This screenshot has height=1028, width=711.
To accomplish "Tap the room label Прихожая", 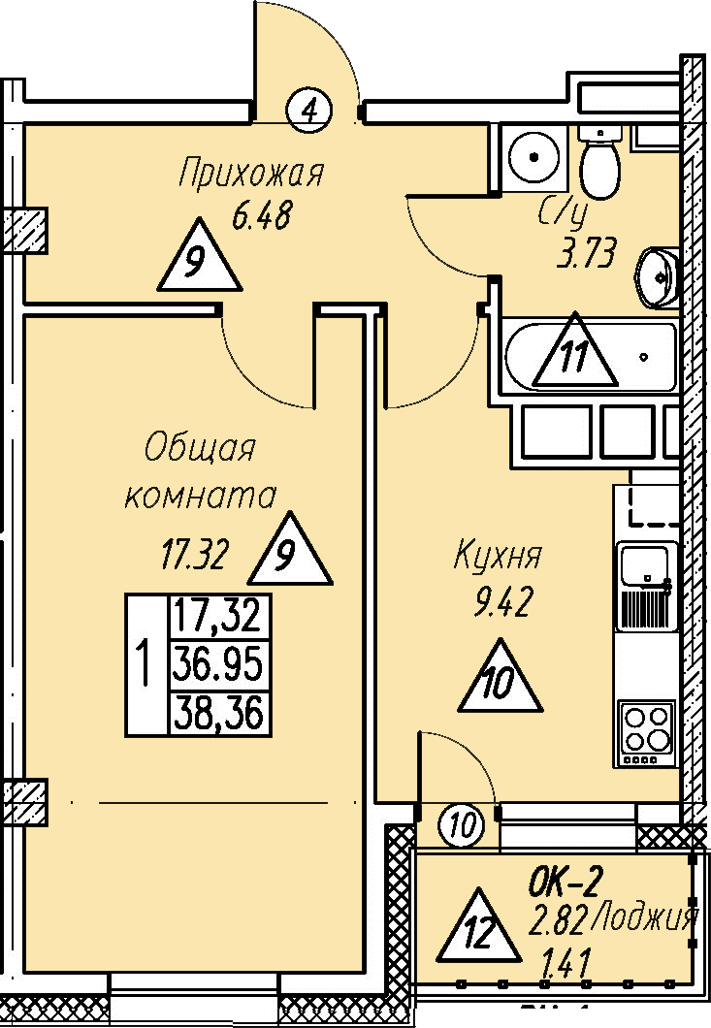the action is tap(250, 175).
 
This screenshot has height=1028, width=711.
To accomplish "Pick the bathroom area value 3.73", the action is tap(586, 257).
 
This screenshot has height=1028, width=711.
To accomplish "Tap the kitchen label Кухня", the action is tap(498, 558).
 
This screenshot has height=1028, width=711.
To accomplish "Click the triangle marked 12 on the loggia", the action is tap(474, 928).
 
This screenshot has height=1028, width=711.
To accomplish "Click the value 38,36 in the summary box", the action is tap(218, 715).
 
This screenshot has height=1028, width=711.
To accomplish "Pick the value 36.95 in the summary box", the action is tap(218, 665).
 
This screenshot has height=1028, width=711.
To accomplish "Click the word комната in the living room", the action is tap(201, 496).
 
